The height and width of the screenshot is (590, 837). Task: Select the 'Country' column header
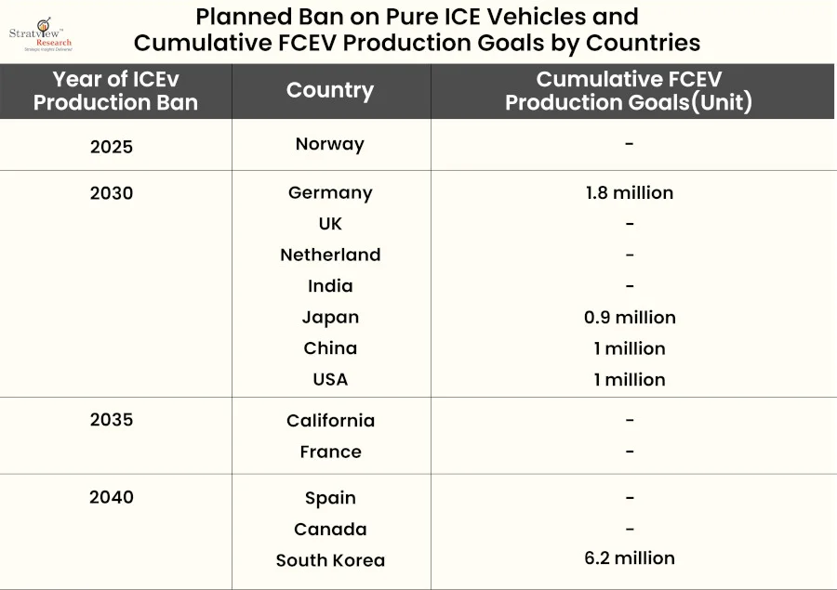(x=330, y=90)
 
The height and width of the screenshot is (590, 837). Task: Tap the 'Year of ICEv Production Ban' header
(x=115, y=91)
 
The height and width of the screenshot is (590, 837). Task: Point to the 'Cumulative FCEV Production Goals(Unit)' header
(x=629, y=91)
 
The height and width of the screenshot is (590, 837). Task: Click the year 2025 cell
(x=112, y=146)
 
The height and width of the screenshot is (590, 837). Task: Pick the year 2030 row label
(x=112, y=193)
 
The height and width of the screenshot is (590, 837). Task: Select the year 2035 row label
(x=112, y=419)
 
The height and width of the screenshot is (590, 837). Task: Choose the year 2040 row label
(x=112, y=497)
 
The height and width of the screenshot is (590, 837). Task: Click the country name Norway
(x=330, y=144)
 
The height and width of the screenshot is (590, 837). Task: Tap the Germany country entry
(x=330, y=193)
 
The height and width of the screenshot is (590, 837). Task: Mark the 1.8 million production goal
(x=630, y=193)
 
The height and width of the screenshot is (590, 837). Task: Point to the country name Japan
(x=330, y=317)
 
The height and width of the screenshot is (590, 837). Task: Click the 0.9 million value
(x=630, y=317)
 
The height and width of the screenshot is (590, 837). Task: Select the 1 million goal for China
(x=630, y=348)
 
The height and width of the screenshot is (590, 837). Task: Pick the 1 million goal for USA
(x=630, y=379)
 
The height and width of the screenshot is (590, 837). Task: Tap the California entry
(x=330, y=421)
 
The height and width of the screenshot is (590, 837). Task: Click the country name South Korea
(x=330, y=560)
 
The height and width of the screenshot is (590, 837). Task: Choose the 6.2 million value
(x=630, y=558)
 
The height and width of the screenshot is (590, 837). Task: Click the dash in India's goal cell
(x=630, y=286)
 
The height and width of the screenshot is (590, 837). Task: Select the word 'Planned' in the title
(x=241, y=17)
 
